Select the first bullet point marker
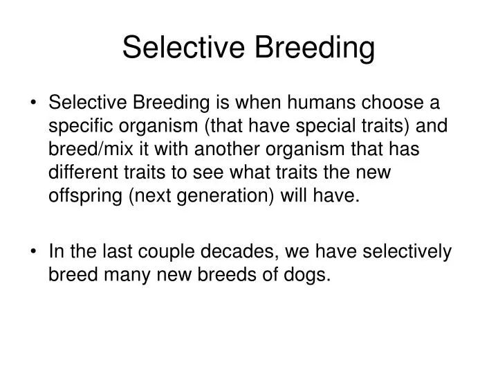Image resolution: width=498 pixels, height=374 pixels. tap(35, 103)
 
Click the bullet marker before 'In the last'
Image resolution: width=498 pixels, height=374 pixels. tap(35, 253)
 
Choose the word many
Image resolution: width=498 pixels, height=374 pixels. tap(122, 276)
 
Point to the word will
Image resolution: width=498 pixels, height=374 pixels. tap(299, 197)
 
